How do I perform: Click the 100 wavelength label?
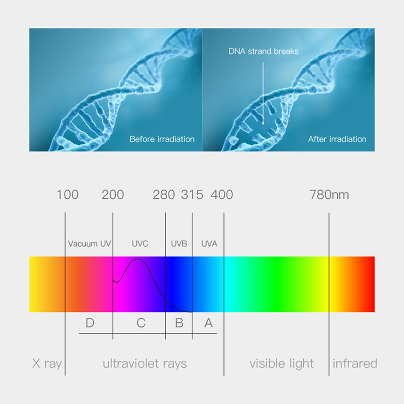pyautogui.click(x=68, y=195)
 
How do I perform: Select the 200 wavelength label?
pyautogui.click(x=113, y=195)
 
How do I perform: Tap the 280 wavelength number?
pyautogui.click(x=164, y=195)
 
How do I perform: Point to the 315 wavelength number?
pyautogui.click(x=192, y=195)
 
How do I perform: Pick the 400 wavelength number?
pyautogui.click(x=222, y=195)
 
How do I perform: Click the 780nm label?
pyautogui.click(x=329, y=195)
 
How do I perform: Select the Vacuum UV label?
pyautogui.click(x=90, y=244)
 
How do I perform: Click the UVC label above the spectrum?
pyautogui.click(x=140, y=244)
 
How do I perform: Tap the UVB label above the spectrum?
pyautogui.click(x=179, y=244)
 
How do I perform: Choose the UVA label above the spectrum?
pyautogui.click(x=209, y=244)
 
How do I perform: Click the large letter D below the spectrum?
pyautogui.click(x=90, y=323)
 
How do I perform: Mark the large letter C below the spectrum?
pyautogui.click(x=141, y=323)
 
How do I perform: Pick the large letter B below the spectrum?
pyautogui.click(x=179, y=323)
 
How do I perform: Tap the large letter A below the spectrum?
pyautogui.click(x=209, y=323)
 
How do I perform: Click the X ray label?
pyautogui.click(x=47, y=364)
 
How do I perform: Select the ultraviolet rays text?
pyautogui.click(x=145, y=364)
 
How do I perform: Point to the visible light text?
pyautogui.click(x=281, y=364)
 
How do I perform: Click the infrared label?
pyautogui.click(x=355, y=363)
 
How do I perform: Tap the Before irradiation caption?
pyautogui.click(x=162, y=139)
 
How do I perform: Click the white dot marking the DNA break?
pyautogui.click(x=263, y=123)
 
